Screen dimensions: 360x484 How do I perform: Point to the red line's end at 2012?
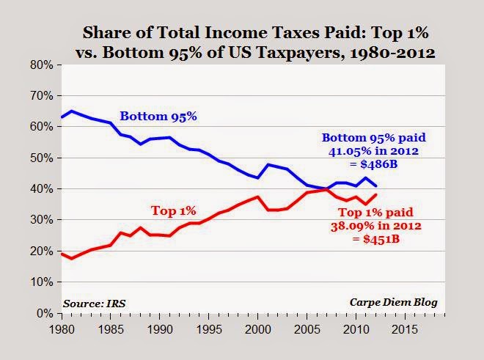point(375,194)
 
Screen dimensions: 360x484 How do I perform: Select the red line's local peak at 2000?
point(256,196)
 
